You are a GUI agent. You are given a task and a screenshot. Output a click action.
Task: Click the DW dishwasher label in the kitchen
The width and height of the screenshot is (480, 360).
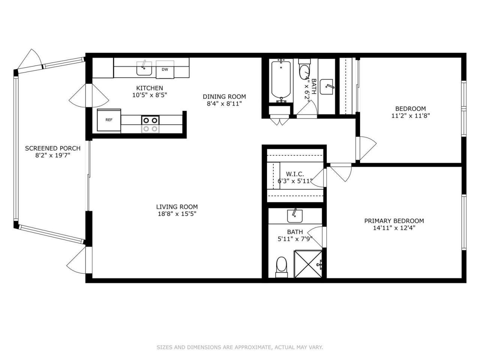165,69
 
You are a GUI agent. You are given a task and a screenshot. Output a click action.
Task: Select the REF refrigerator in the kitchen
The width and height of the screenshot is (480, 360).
109,120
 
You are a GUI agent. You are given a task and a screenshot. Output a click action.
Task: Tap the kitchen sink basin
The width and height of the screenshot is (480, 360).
144,69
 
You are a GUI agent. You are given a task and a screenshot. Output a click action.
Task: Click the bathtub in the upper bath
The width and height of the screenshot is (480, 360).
281,80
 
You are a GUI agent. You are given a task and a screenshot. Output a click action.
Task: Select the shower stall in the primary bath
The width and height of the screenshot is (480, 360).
308,264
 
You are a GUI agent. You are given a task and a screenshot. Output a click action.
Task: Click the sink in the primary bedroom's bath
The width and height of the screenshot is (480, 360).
295,216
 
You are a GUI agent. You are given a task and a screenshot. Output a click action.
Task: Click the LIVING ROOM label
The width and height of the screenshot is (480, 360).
177,207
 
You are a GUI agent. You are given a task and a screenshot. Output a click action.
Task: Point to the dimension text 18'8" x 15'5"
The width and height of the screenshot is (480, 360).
177,214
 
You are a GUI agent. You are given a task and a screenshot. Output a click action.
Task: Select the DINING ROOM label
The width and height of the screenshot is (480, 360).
224,96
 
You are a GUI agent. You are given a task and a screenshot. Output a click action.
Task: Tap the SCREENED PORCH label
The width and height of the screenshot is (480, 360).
52,148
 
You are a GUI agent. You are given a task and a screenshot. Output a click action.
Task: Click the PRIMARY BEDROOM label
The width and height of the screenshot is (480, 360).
394,221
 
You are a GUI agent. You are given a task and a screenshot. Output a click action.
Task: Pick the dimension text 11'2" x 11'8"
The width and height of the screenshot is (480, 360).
410,116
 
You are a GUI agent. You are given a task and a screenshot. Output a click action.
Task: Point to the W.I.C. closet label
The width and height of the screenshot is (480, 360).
295,174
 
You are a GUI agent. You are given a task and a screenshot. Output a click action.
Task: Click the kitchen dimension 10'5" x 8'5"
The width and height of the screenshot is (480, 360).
149,95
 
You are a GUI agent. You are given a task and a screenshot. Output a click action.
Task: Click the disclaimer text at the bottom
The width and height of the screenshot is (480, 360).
240,347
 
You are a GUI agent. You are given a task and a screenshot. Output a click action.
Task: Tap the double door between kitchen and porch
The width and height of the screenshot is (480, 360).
89,95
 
